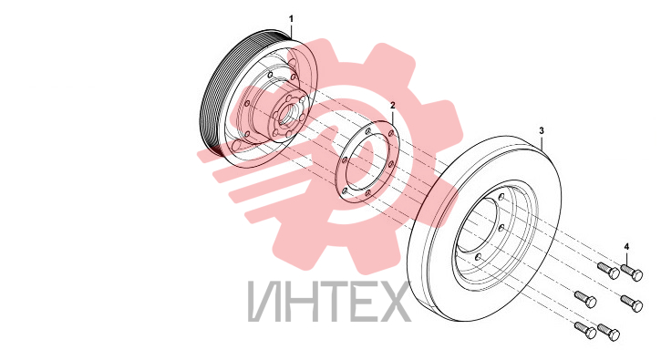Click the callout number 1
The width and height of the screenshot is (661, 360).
[x=291, y=19]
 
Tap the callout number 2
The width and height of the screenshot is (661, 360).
[x=393, y=105]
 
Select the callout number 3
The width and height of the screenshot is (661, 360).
[x=542, y=130]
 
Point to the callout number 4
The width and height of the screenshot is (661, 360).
[x=626, y=247]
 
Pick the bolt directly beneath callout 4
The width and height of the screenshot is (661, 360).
[x=632, y=272]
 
